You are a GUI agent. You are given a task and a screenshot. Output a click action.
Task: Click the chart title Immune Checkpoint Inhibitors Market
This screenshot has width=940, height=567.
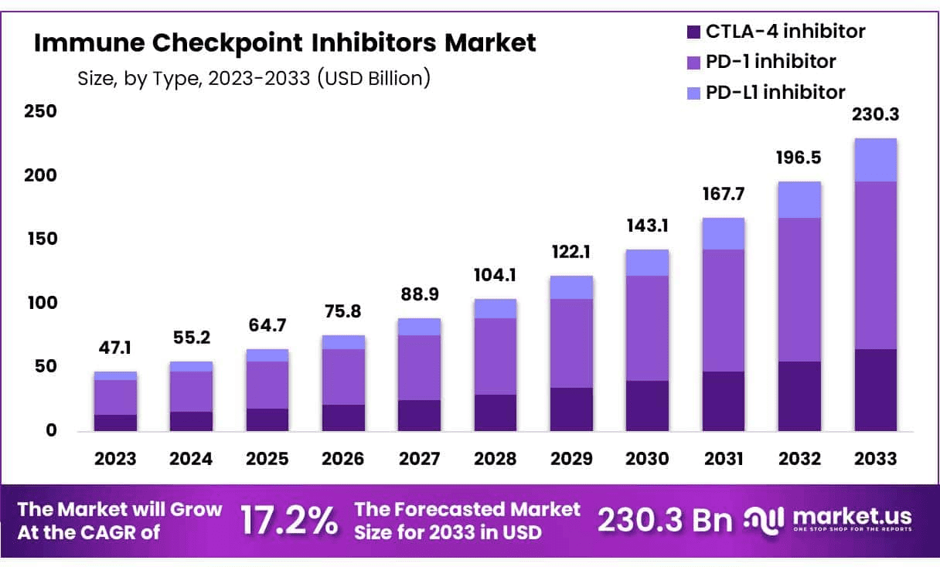(284, 43)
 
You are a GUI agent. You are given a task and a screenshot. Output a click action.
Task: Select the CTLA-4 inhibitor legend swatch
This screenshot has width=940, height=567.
(693, 32)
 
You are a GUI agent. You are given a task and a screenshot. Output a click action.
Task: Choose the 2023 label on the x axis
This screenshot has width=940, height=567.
(115, 459)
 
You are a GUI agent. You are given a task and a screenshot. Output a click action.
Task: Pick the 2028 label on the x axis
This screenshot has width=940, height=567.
(495, 459)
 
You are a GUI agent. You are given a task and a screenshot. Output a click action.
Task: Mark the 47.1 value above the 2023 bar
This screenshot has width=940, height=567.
(115, 349)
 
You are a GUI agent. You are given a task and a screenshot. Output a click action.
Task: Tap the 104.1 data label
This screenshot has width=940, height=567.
(495, 276)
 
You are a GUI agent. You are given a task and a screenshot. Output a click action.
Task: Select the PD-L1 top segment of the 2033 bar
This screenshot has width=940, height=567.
(875, 160)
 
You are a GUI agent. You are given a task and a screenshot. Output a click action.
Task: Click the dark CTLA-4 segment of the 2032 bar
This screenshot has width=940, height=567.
(799, 396)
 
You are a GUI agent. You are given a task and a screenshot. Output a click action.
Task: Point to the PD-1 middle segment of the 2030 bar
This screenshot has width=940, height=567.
(647, 328)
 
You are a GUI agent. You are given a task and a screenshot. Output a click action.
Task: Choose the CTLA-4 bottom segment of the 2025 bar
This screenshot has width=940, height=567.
(267, 419)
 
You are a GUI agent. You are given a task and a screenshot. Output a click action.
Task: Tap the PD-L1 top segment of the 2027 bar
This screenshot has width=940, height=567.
(419, 327)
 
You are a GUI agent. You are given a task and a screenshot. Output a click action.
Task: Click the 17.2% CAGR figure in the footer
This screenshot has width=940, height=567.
(289, 521)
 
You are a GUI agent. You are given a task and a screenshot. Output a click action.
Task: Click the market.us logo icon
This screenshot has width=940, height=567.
(764, 519)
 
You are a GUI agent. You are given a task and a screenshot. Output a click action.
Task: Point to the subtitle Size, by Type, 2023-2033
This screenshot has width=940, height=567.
(254, 78)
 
